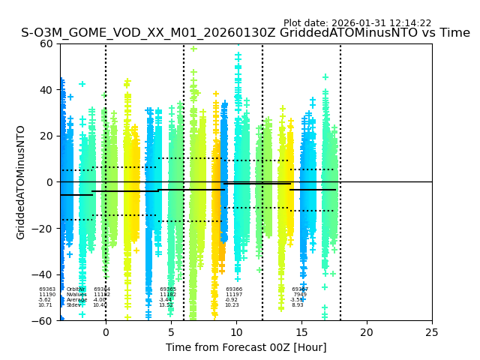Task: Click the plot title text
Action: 245,33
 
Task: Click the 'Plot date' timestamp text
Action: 357,23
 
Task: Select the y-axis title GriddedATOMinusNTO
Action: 21,182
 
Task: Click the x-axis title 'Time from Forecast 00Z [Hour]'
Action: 246,347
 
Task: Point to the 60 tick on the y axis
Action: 46,43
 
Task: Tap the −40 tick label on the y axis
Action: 43,274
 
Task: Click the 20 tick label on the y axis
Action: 46,136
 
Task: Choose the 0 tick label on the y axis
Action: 49,182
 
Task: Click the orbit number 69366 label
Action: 234,289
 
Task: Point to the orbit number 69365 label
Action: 168,289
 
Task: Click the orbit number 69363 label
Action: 47,289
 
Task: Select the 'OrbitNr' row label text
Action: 75,289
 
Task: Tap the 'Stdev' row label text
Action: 73,305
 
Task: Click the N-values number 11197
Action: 234,295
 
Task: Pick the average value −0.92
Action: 232,300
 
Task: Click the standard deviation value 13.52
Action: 166,305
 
